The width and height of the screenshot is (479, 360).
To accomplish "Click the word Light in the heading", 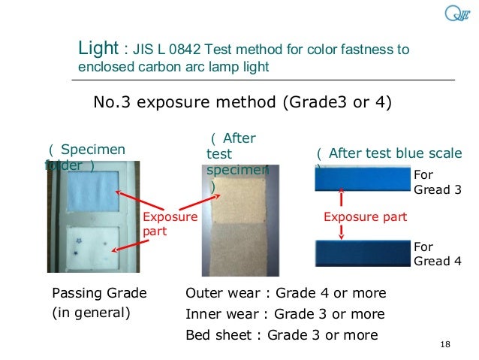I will click(98, 50).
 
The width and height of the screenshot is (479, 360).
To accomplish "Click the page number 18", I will click(444, 344).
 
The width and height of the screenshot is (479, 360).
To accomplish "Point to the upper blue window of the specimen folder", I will click(89, 192).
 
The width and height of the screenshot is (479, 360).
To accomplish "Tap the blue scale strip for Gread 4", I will click(361, 252).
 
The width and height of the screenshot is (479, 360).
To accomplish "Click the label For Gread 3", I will click(437, 183).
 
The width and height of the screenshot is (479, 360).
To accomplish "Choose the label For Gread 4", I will click(437, 254).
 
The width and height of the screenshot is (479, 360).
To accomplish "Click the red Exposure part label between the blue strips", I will click(365, 217).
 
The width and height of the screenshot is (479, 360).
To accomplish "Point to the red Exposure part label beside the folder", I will click(170, 224).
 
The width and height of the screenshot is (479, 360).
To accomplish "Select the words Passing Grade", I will click(98, 292).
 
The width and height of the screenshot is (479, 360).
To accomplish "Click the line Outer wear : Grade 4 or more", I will click(285, 292).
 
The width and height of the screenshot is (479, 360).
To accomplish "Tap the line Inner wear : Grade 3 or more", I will click(285, 313).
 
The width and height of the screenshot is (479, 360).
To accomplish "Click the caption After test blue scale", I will click(395, 153).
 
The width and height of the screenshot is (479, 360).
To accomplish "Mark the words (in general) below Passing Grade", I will click(90, 313).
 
